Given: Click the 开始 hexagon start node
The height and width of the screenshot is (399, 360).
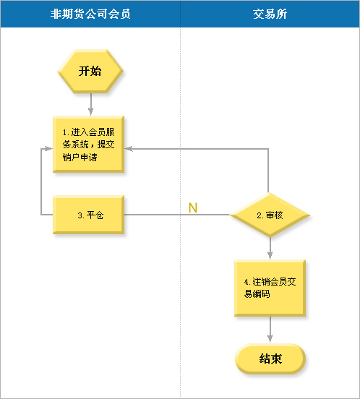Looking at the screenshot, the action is click(x=90, y=72).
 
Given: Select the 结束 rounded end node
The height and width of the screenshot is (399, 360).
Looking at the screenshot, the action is click(x=270, y=359).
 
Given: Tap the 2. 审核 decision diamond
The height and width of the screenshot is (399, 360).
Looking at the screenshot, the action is click(x=270, y=215).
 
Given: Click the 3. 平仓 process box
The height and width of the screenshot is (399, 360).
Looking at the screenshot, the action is click(x=88, y=215).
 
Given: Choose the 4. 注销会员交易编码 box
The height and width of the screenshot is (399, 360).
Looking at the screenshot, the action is click(x=270, y=288).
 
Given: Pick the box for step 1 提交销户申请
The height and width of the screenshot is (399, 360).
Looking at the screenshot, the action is click(x=88, y=145).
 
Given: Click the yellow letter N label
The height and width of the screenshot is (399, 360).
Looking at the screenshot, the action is click(x=193, y=208).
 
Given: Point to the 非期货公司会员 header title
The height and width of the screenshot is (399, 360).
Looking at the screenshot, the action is click(x=90, y=14).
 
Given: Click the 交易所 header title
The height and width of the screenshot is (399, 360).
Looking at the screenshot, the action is click(x=270, y=14).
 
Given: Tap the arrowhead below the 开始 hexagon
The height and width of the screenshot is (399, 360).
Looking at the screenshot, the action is click(x=91, y=111).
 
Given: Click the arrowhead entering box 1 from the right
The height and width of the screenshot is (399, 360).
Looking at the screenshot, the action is click(x=129, y=149).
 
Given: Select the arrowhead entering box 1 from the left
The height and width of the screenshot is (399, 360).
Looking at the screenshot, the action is click(x=48, y=149).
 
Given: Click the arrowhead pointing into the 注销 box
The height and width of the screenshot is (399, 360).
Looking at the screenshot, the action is click(x=270, y=255).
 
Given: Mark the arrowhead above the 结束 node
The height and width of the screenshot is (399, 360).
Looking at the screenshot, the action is click(x=270, y=339).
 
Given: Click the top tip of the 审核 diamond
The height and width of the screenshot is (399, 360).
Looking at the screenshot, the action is click(x=269, y=193).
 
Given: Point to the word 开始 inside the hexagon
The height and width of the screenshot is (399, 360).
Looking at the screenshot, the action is click(x=90, y=71).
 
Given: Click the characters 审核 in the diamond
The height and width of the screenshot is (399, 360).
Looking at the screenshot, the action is click(x=274, y=215).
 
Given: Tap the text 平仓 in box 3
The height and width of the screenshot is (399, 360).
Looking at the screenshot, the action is click(x=95, y=215).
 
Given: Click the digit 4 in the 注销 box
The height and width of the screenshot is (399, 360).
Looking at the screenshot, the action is click(x=247, y=282).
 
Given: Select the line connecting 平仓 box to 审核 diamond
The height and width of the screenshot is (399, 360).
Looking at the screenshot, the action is click(x=177, y=215).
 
